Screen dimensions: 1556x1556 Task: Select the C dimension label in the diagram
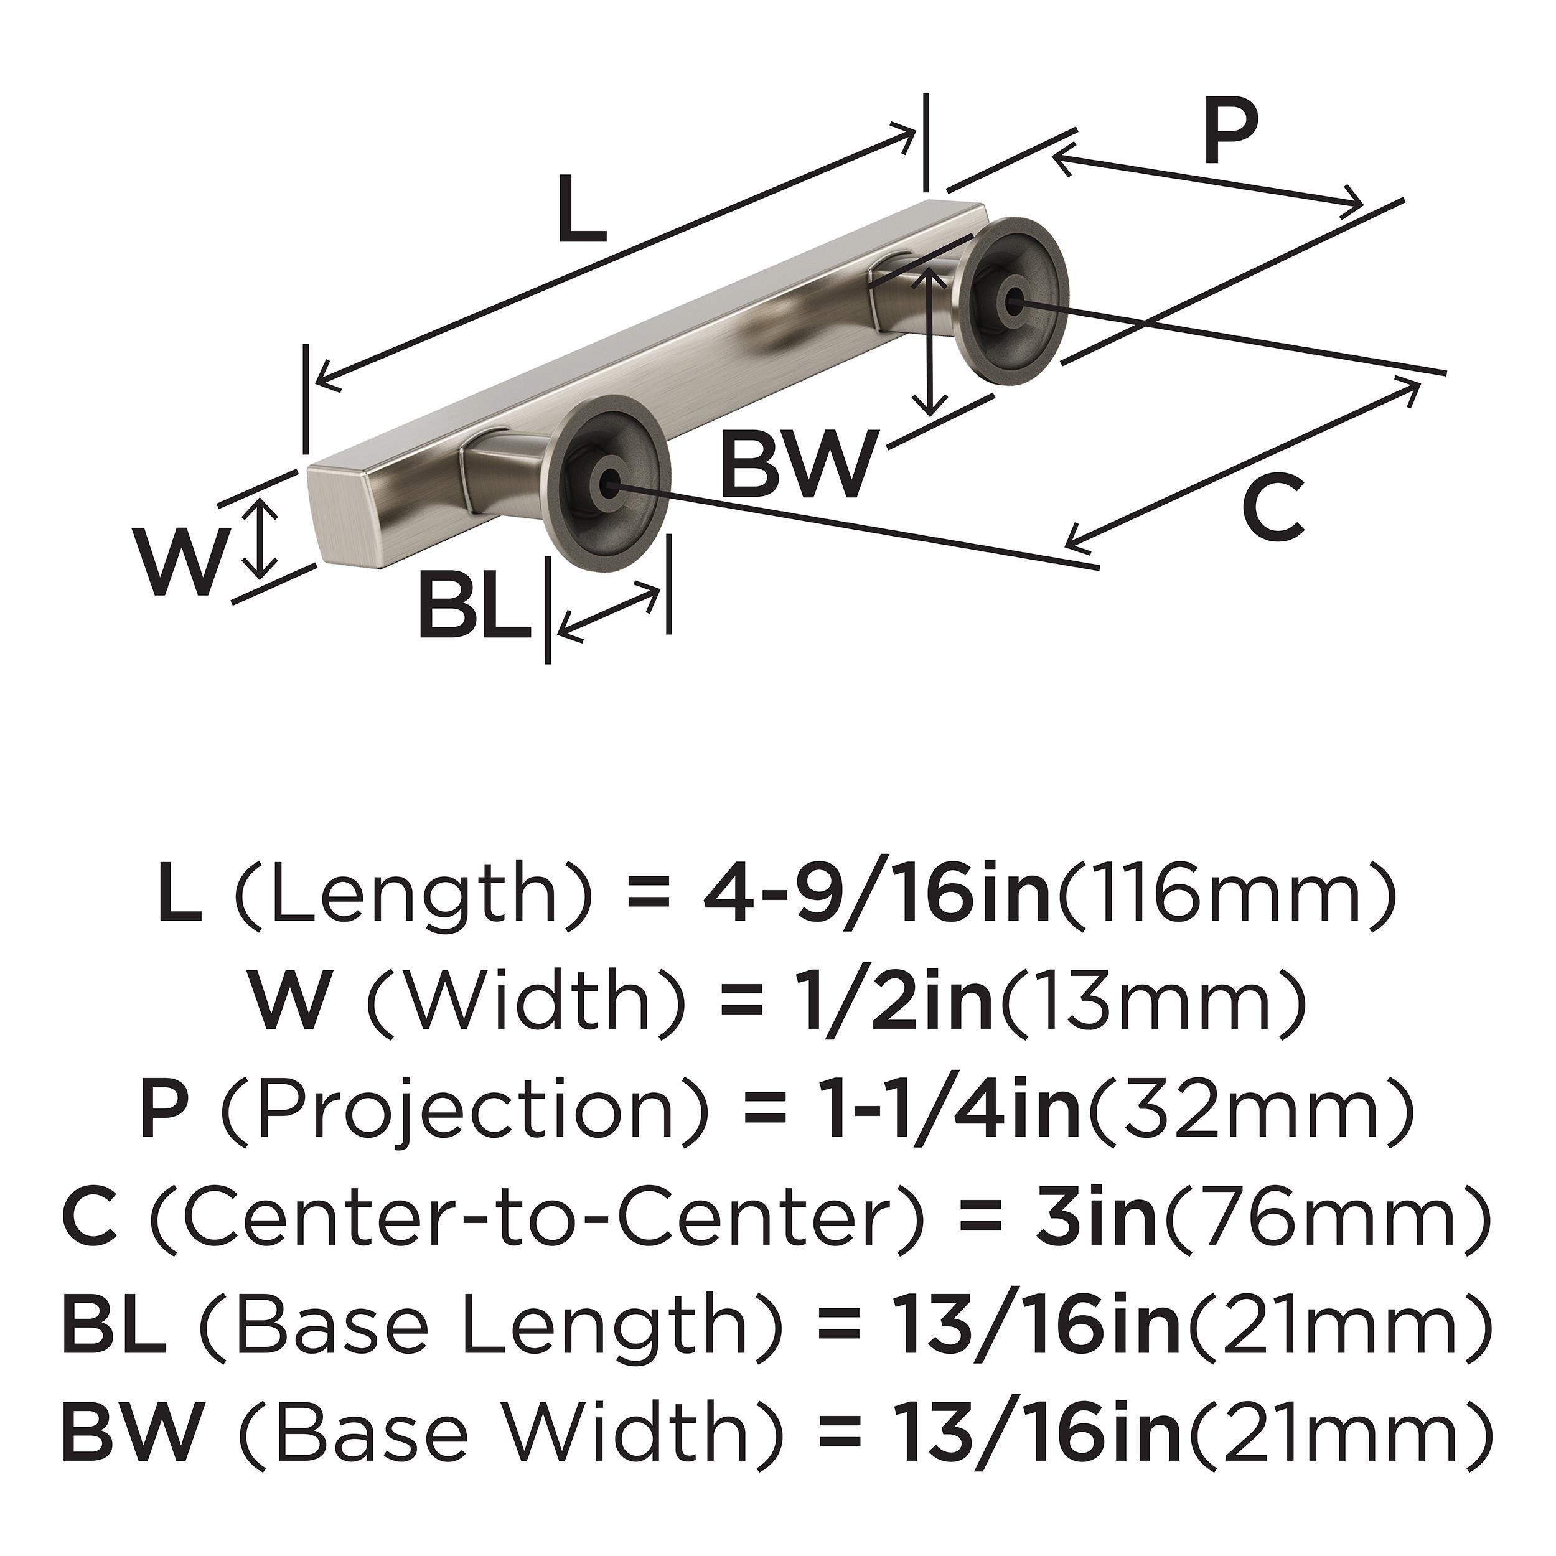tap(1273, 507)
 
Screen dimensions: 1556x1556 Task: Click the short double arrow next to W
tap(260, 538)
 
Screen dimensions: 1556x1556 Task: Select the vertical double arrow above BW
tap(931, 342)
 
